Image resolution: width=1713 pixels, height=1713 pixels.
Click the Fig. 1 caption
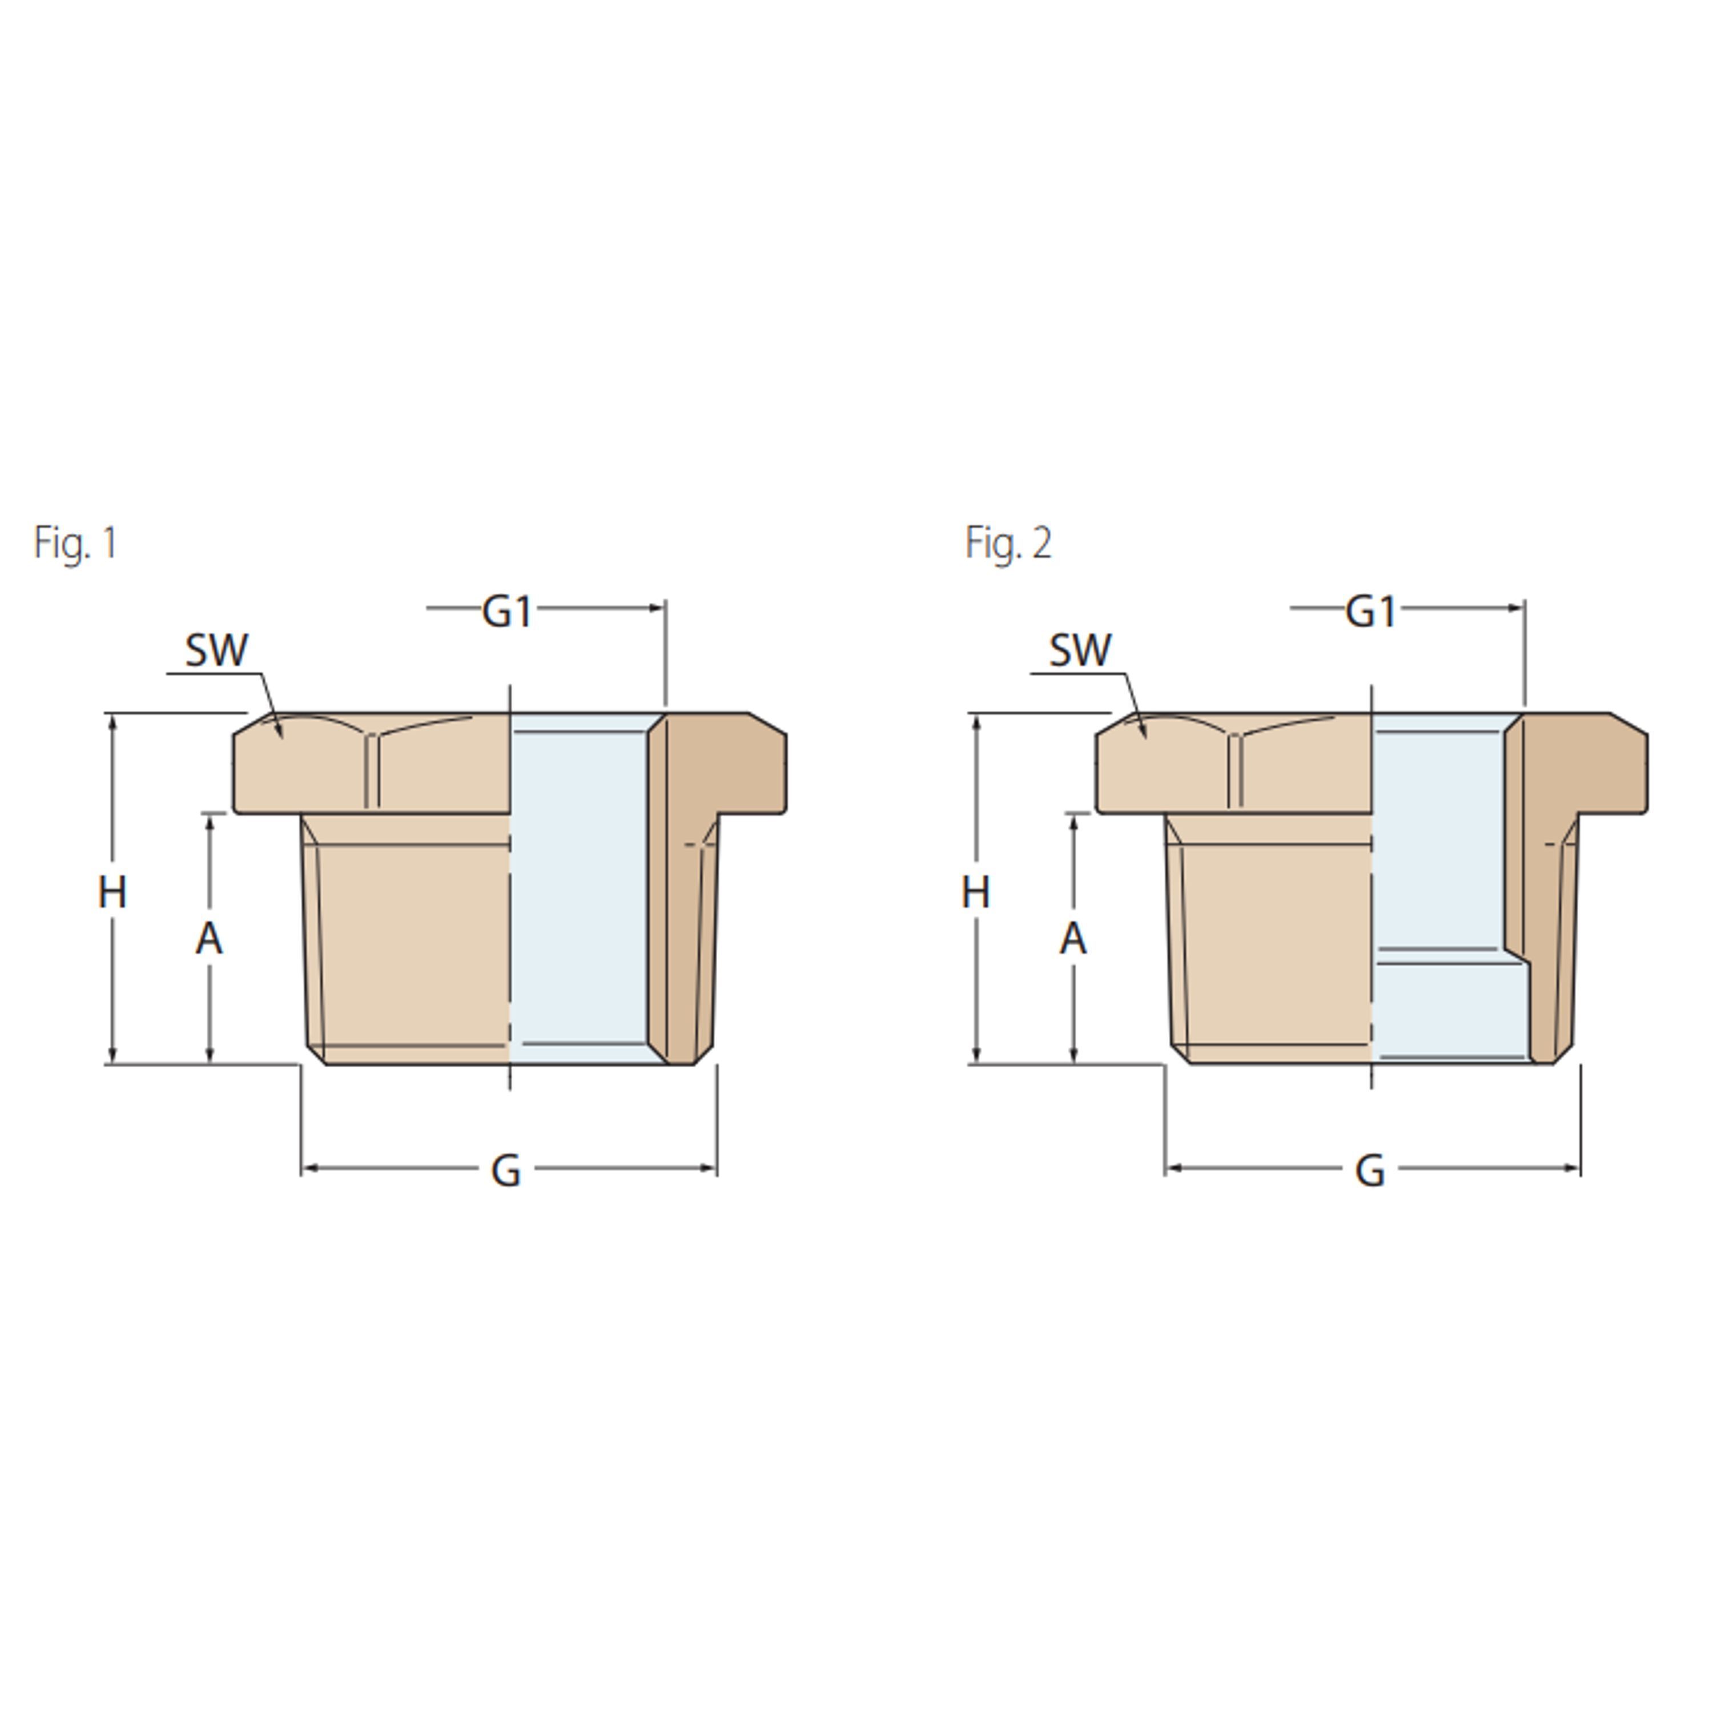click(75, 542)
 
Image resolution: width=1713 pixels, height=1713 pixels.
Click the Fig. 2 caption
click(1008, 542)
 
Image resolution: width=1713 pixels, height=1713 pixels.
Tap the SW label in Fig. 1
click(216, 650)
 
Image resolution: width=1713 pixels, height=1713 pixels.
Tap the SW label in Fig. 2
click(1079, 650)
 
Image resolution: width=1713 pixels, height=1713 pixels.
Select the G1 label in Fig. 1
click(507, 611)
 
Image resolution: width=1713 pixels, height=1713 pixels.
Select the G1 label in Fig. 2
click(1371, 611)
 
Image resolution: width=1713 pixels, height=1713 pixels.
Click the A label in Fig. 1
click(209, 938)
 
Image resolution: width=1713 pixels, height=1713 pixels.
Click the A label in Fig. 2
click(1073, 938)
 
